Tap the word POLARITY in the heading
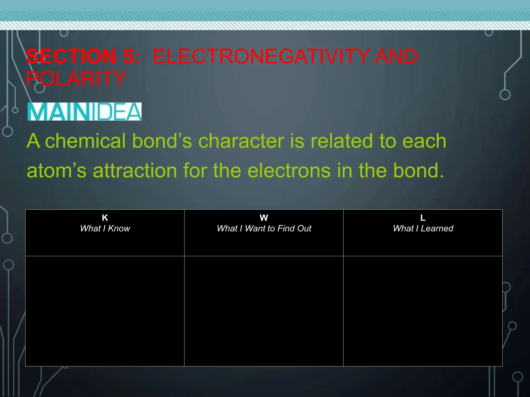(x=76, y=79)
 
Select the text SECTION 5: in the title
(x=83, y=56)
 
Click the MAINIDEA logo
(x=84, y=112)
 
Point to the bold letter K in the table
(x=105, y=218)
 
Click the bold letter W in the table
(x=264, y=218)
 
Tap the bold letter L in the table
(x=423, y=218)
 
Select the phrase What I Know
(x=105, y=228)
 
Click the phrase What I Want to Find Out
(x=264, y=228)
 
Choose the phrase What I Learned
(x=423, y=228)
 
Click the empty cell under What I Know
(x=105, y=311)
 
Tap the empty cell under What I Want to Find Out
(x=264, y=311)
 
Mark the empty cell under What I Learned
(x=423, y=311)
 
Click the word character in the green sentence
(x=241, y=141)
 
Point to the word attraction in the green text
(x=135, y=171)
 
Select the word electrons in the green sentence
(x=289, y=171)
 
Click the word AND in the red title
(x=396, y=56)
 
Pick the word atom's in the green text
(x=56, y=171)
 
